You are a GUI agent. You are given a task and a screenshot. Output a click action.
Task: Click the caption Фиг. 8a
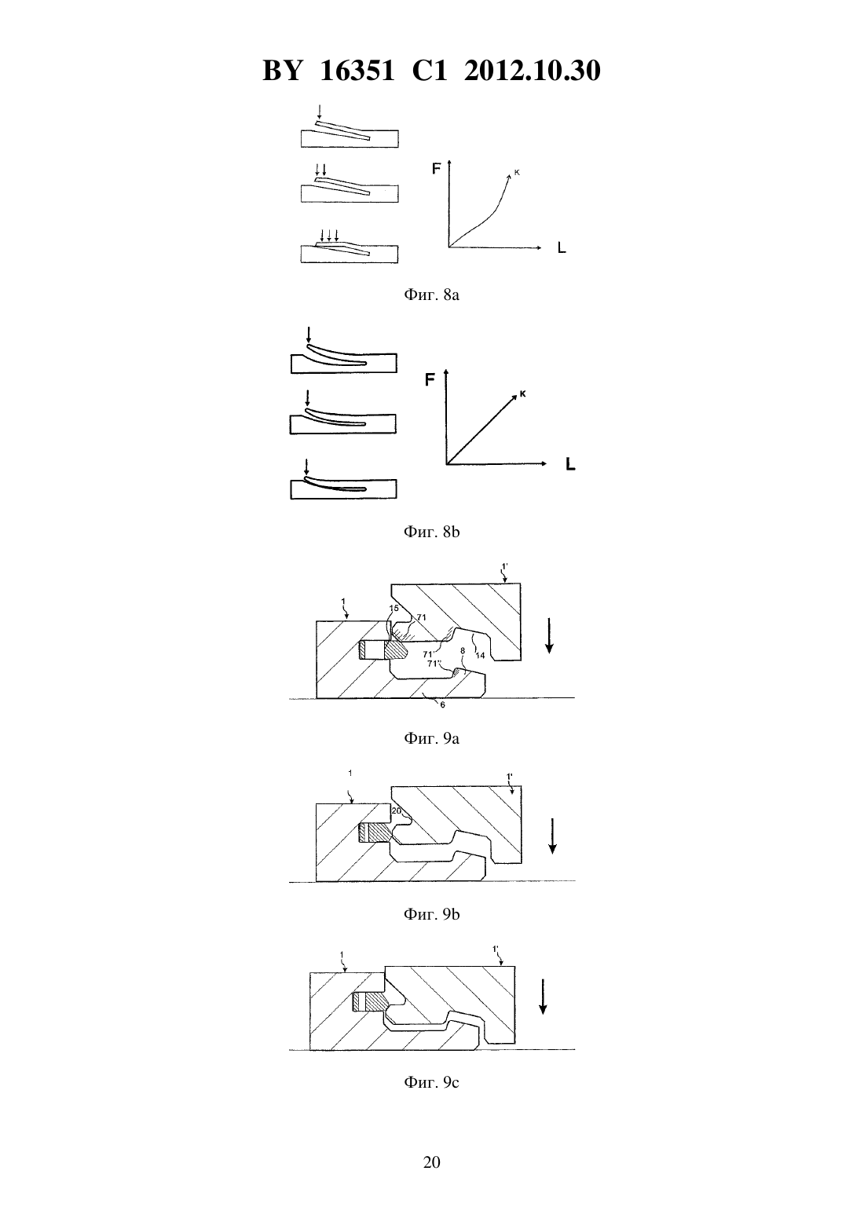(431, 295)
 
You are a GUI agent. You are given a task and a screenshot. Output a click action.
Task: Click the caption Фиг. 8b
(431, 532)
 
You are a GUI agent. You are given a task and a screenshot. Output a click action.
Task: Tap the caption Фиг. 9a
(431, 739)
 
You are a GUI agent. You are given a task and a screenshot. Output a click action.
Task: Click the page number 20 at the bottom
(431, 1162)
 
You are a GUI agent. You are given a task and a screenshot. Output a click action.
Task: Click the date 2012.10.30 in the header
(533, 71)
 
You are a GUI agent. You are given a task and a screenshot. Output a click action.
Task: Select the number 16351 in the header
(357, 71)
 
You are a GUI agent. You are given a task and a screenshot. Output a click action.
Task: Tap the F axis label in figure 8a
(437, 169)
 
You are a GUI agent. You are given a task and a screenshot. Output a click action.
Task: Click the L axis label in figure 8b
(570, 465)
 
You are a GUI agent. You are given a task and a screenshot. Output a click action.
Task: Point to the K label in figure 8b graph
(522, 393)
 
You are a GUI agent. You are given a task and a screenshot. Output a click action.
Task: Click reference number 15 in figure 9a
(394, 609)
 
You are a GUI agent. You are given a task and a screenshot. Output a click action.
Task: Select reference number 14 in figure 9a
(480, 656)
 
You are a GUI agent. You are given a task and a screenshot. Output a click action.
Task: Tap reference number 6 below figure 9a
(442, 704)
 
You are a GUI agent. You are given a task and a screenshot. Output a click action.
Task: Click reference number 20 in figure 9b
(397, 811)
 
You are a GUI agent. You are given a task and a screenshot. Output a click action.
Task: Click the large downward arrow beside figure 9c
(543, 997)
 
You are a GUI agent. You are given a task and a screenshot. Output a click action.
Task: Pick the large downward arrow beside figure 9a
(549, 635)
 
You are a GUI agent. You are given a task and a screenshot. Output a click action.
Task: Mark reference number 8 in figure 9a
(463, 651)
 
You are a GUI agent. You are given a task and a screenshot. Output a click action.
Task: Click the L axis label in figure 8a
(562, 248)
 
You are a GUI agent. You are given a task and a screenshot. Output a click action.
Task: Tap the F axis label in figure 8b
(430, 379)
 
